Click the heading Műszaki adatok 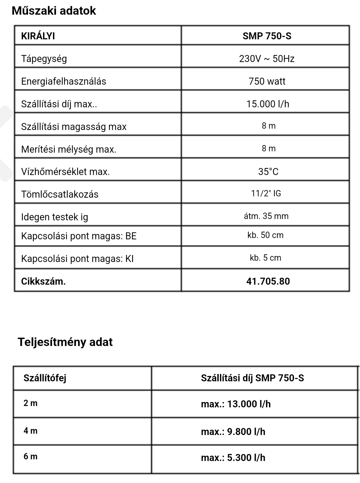[x=54, y=11]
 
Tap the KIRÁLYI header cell [x=38, y=36]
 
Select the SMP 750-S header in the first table [x=267, y=36]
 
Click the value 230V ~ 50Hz [x=267, y=59]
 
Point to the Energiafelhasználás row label [x=63, y=81]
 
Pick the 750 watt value [x=267, y=81]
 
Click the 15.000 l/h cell [x=268, y=104]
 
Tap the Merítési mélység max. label [x=69, y=149]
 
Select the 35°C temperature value [x=268, y=172]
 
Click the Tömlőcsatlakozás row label [x=60, y=194]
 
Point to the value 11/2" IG [x=266, y=193]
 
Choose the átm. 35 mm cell [x=266, y=216]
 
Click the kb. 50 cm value [x=265, y=235]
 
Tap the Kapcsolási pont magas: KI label [x=77, y=259]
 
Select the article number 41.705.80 [x=268, y=281]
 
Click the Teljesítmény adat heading [x=65, y=342]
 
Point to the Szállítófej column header [x=45, y=378]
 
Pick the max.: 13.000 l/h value [x=236, y=404]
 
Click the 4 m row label [x=30, y=431]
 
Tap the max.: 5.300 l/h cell [x=233, y=458]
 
